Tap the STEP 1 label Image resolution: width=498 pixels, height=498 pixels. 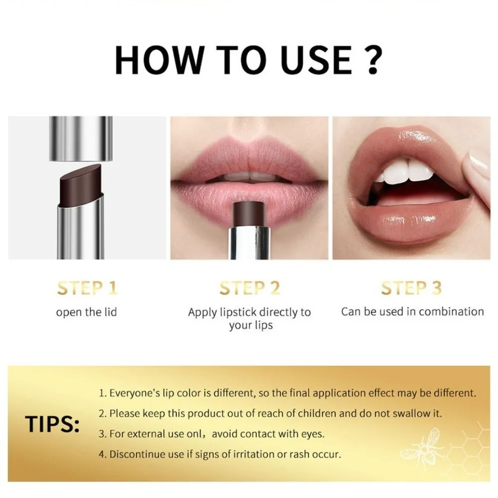(x=87, y=288)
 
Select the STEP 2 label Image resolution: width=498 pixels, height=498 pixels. (x=249, y=288)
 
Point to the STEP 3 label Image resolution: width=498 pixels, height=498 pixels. (x=411, y=288)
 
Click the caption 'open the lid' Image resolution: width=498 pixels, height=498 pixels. (x=87, y=312)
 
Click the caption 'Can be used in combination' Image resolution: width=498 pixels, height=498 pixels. (x=412, y=312)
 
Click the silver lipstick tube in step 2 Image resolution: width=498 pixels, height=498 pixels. (x=249, y=243)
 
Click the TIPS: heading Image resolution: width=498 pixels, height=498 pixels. (x=53, y=424)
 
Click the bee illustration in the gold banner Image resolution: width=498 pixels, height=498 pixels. (x=421, y=448)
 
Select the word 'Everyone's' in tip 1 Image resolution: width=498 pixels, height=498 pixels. (x=131, y=393)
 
